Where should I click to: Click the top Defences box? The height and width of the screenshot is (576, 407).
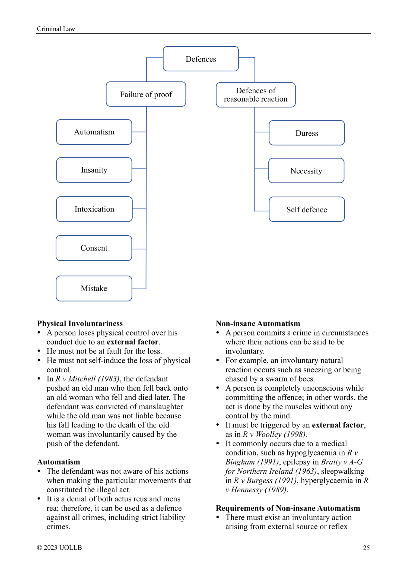(201, 59)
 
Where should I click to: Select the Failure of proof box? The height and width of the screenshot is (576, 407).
(146, 94)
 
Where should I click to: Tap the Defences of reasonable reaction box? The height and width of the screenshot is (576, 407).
(256, 95)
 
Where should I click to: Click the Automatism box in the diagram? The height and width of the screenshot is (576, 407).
(94, 132)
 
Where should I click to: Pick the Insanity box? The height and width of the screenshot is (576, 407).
(94, 170)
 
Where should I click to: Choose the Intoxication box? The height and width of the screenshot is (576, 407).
(94, 209)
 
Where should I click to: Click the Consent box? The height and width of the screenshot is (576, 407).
(94, 248)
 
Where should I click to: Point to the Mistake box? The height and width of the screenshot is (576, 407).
(94, 288)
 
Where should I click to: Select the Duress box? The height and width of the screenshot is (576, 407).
(307, 133)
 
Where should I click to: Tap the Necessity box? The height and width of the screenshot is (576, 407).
(306, 170)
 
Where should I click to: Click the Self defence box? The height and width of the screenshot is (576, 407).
(307, 209)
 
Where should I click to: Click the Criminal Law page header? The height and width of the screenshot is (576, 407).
(56, 29)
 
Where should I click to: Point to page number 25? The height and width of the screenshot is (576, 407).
(366, 548)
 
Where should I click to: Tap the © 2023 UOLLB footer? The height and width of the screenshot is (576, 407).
(59, 547)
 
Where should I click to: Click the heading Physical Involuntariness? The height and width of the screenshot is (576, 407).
(80, 323)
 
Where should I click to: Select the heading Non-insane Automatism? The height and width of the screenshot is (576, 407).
(258, 323)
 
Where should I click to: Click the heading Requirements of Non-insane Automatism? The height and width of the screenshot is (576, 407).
(288, 508)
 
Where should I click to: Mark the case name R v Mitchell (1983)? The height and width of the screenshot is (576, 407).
(87, 379)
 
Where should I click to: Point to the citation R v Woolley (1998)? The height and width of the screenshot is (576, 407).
(274, 434)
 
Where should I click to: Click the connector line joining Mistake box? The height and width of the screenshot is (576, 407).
(139, 289)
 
